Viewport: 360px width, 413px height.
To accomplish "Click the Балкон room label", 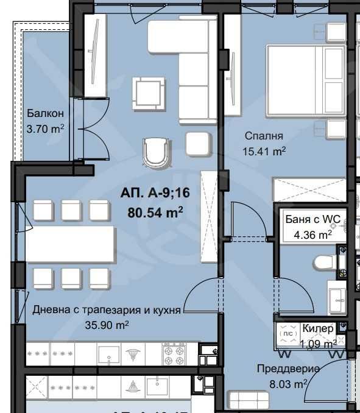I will [x=45, y=114].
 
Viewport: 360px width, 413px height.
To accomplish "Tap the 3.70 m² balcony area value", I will [x=45, y=129].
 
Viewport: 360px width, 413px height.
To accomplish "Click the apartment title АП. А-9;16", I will [x=156, y=193].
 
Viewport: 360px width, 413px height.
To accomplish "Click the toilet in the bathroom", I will [x=326, y=262].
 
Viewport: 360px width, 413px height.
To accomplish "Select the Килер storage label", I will [x=318, y=328].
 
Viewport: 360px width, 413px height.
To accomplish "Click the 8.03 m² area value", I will [x=288, y=384].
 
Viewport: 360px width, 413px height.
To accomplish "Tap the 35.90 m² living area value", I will [x=107, y=325].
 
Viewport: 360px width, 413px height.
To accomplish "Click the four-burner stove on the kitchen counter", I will [x=173, y=353].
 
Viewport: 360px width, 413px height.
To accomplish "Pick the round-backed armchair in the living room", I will [x=155, y=151].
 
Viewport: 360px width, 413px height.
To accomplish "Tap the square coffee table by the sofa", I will [x=149, y=93].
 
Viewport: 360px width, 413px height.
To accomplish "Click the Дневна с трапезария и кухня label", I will [x=107, y=310].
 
